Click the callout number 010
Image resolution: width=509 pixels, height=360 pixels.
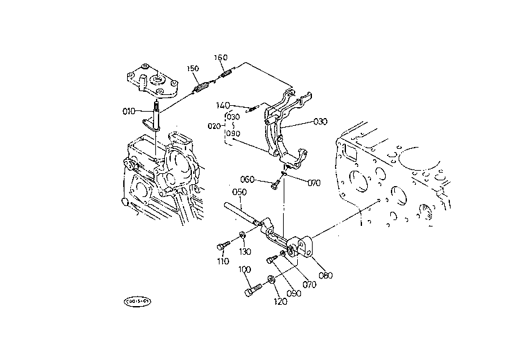130,110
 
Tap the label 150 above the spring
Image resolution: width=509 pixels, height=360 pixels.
193,69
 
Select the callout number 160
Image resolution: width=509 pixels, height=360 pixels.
220,58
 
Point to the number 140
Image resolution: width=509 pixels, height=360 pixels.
223,105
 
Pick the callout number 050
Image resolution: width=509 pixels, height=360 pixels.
239,192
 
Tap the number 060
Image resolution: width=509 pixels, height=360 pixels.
248,179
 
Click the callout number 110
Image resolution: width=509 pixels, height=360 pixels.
222,262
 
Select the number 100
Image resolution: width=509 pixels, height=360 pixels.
244,270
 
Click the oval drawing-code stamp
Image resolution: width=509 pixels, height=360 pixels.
137,300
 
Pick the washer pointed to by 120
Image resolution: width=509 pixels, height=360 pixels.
270,279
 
